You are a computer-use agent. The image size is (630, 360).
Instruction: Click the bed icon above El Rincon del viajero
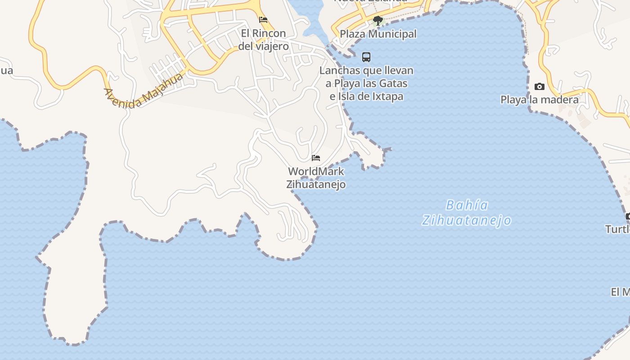point(263,20)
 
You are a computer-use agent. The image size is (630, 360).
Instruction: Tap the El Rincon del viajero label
point(263,40)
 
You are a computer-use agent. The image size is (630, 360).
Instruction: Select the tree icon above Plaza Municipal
point(378,20)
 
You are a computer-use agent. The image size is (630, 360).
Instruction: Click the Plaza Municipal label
point(378,34)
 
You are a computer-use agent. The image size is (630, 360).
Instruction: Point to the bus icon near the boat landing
point(366,57)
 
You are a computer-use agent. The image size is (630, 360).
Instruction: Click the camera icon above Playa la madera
point(539,86)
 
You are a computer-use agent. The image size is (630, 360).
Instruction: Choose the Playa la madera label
point(540,99)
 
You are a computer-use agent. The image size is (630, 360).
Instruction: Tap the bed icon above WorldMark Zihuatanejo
point(316,158)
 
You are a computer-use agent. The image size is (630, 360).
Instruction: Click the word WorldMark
point(316,171)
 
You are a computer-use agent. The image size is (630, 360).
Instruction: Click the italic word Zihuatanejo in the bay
point(467,220)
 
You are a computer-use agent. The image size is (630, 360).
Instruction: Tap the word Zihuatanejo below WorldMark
point(316,184)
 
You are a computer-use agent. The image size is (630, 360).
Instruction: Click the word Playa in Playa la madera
point(513,99)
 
